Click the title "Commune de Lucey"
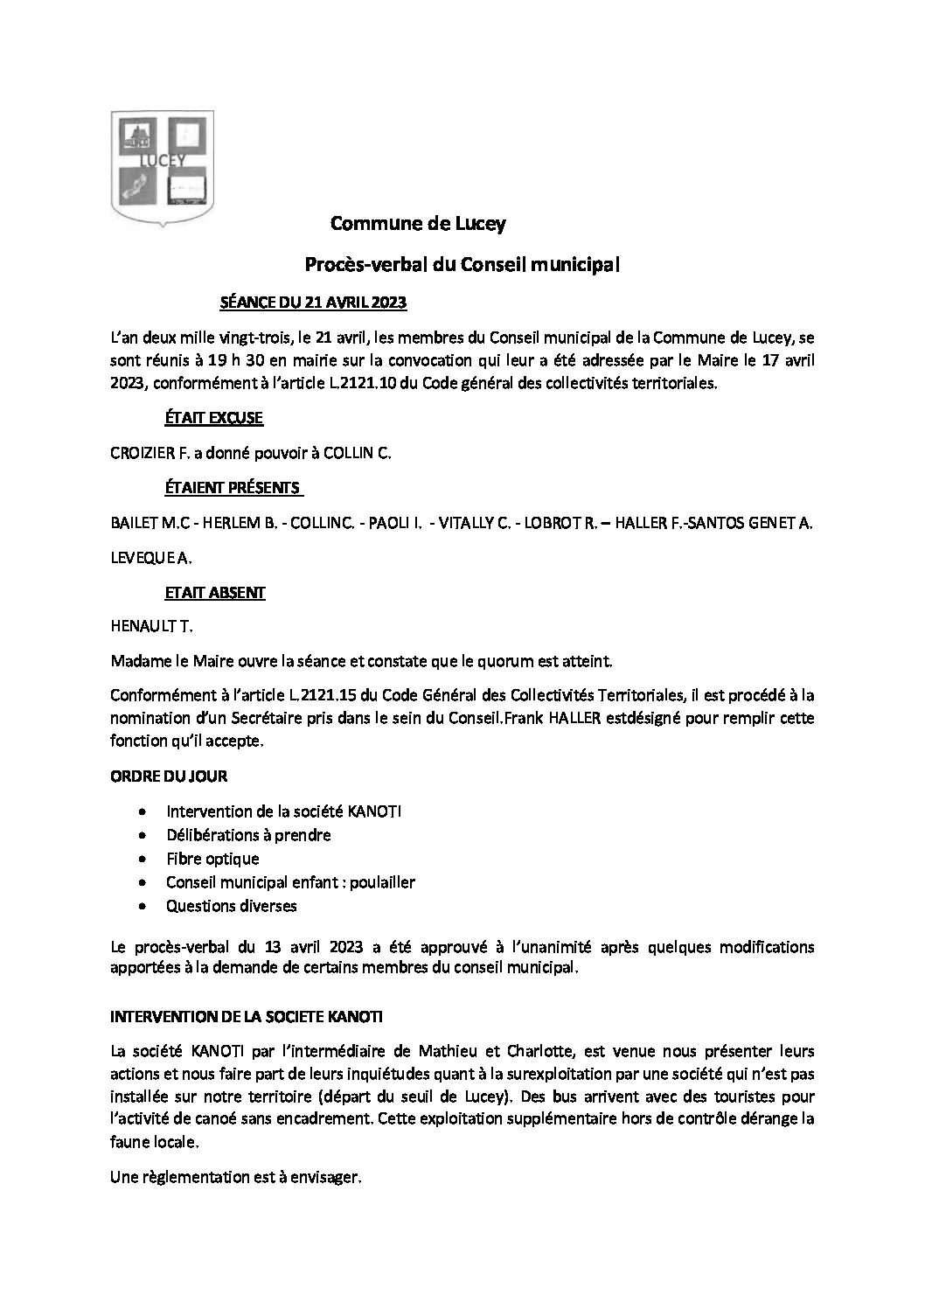(418, 224)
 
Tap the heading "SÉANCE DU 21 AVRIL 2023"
(312, 303)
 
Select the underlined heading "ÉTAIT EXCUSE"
(213, 418)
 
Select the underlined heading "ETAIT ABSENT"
(214, 592)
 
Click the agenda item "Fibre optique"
(212, 859)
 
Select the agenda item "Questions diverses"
(231, 906)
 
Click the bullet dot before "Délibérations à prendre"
(143, 836)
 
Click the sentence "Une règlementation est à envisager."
(235, 1178)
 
